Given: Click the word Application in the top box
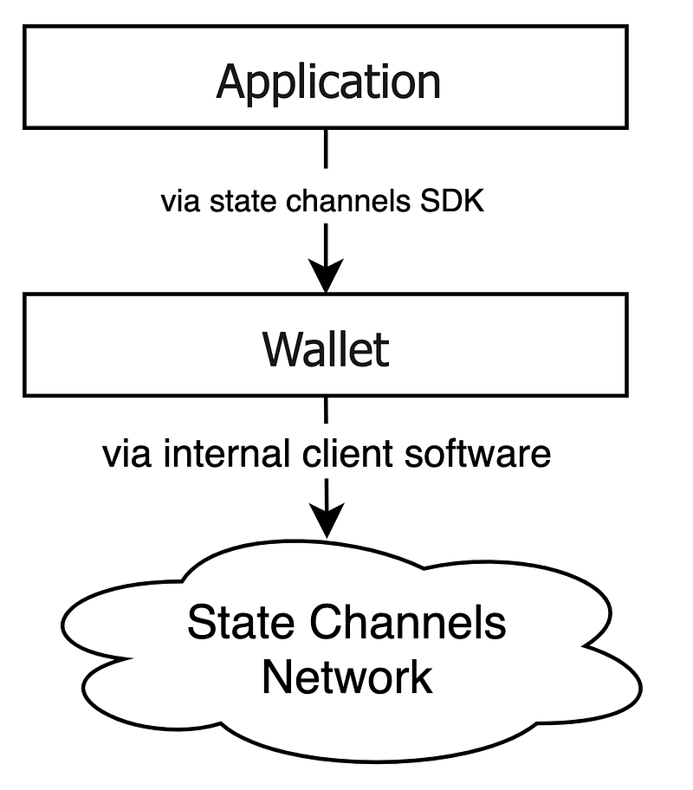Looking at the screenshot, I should (x=328, y=81).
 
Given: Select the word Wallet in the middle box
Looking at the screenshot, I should (x=326, y=348).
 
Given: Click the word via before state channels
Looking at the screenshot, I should (x=177, y=201).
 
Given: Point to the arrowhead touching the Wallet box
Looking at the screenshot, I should (x=327, y=275).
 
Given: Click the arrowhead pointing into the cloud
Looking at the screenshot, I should (x=327, y=521).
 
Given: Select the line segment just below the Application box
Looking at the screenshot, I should (x=327, y=149).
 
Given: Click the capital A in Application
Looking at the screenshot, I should (x=231, y=81).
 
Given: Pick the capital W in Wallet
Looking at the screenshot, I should (x=282, y=348).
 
